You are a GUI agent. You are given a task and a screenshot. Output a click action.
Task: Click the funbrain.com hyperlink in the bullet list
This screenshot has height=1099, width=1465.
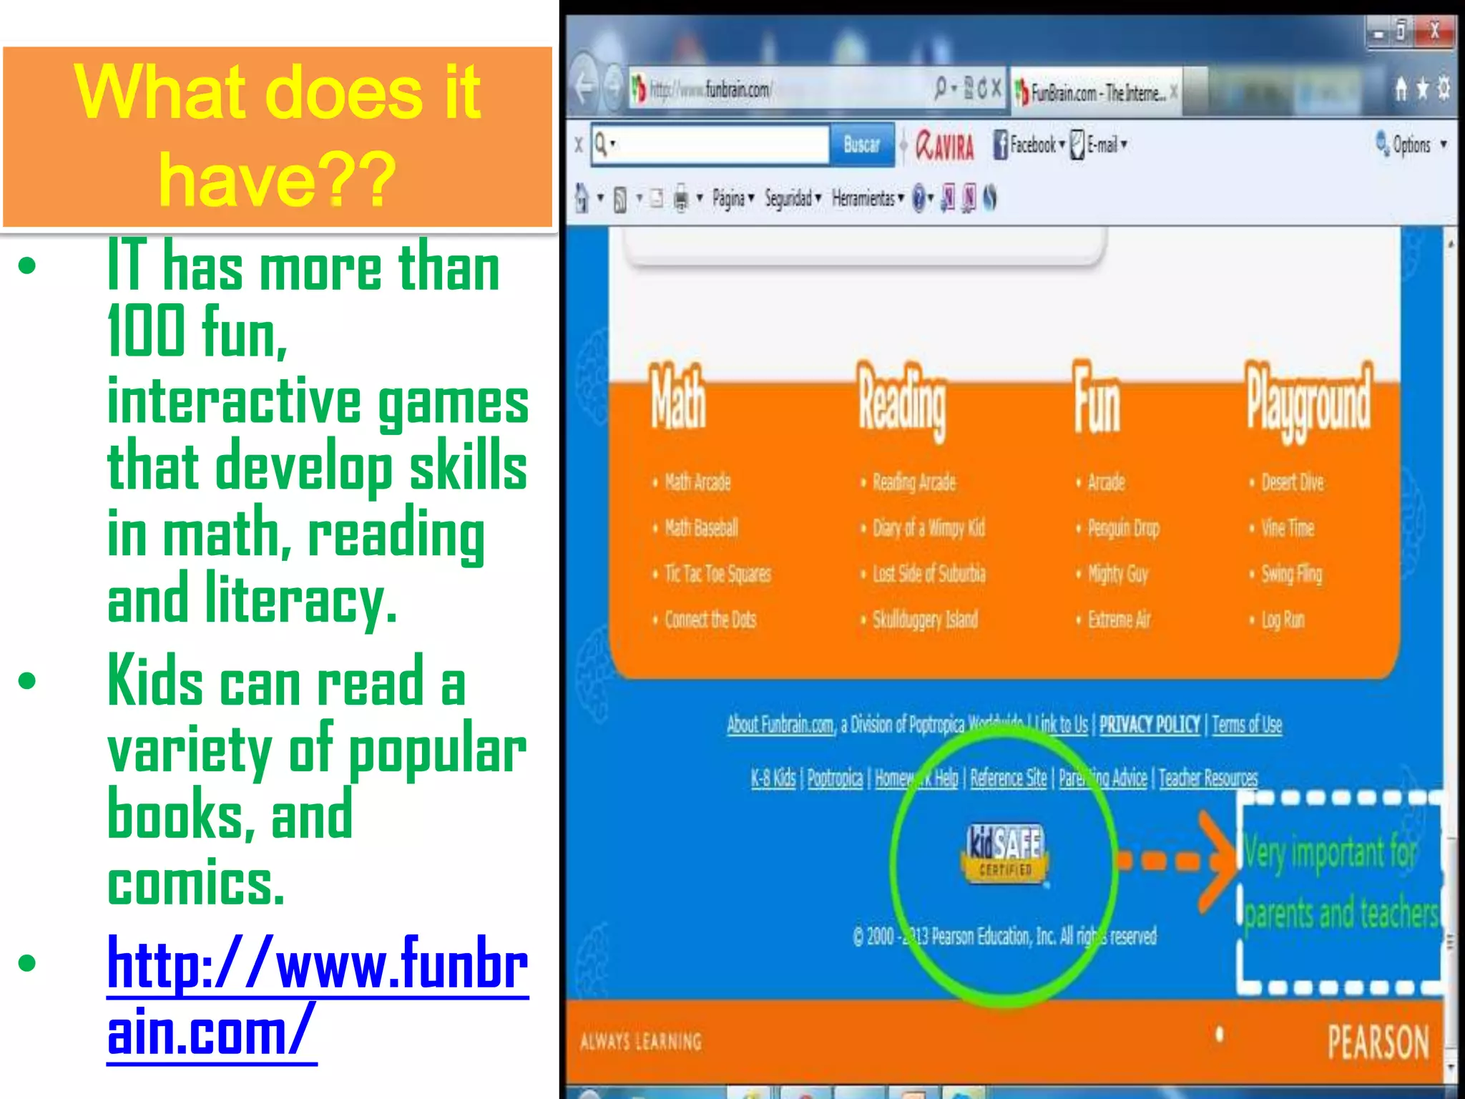[317, 996]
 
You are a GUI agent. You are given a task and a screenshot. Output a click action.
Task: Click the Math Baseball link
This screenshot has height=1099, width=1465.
[701, 528]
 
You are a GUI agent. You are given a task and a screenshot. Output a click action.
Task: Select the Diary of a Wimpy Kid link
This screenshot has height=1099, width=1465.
[929, 528]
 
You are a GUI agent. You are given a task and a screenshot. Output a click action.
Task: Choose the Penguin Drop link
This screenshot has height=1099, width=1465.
[1123, 528]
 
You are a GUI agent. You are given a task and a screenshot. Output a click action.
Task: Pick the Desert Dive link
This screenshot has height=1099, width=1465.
[1292, 482]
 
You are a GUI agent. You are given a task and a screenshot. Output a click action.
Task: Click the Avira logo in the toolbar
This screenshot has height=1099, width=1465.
[945, 146]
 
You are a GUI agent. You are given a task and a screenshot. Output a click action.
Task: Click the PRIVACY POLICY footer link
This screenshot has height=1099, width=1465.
[1149, 725]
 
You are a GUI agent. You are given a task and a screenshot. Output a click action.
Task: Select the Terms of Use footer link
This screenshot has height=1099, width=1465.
[1247, 725]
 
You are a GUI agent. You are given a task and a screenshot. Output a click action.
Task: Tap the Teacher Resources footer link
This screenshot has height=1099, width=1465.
[1207, 778]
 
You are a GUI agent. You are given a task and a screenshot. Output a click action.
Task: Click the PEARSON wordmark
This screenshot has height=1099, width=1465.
[1378, 1042]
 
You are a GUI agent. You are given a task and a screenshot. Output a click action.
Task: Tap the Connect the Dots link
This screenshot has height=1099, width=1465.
[710, 620]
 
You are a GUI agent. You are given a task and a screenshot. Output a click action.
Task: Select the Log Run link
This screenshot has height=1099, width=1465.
[1283, 620]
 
